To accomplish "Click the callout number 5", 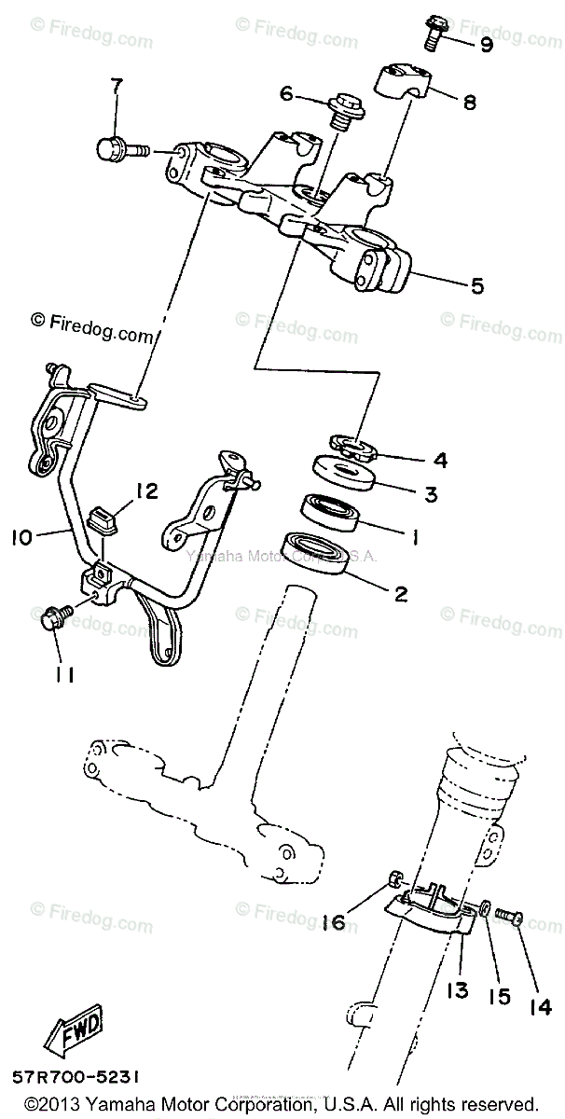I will tap(475, 287).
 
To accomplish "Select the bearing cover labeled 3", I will tap(345, 474).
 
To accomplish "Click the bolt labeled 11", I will tap(53, 617).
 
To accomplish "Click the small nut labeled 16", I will tap(395, 878).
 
